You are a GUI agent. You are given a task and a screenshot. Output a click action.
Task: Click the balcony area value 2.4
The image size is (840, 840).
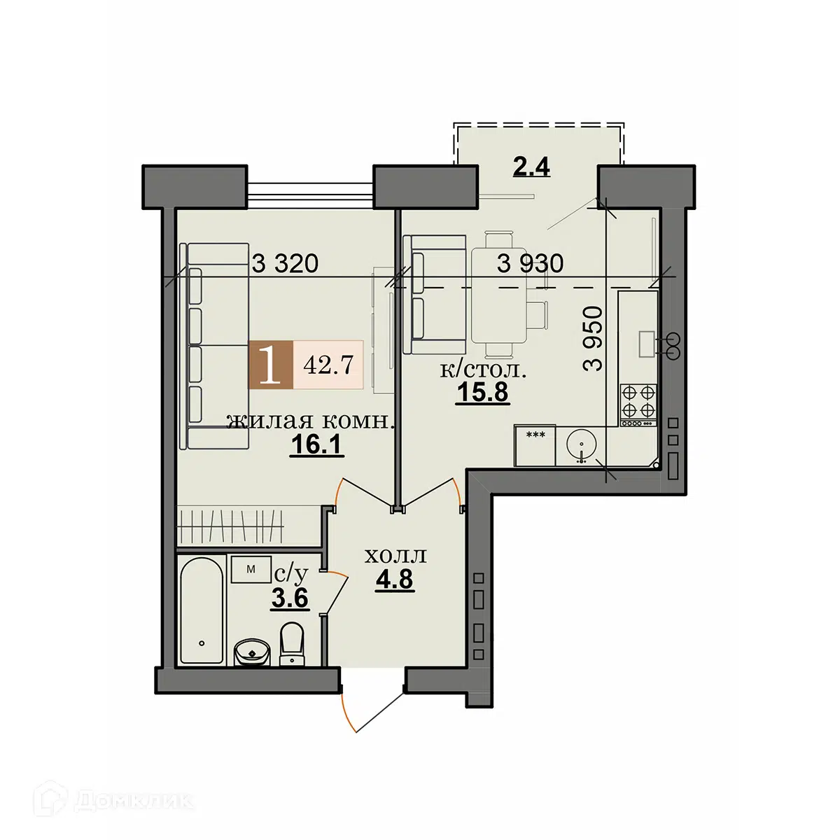(531, 166)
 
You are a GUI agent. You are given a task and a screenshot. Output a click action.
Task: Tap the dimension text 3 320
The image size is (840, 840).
(285, 264)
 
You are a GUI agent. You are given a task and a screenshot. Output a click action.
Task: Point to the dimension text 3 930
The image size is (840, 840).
(530, 263)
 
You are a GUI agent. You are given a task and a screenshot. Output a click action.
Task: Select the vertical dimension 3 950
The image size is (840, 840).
(592, 338)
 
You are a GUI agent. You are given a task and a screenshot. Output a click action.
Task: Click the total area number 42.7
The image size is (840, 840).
(328, 365)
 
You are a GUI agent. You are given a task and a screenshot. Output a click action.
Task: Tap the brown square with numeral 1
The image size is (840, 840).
(270, 365)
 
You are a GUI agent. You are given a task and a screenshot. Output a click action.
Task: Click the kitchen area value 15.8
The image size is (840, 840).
(482, 392)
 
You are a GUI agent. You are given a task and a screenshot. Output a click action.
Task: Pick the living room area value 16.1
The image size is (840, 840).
(317, 444)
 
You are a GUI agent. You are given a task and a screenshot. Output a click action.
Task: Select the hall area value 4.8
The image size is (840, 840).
(395, 580)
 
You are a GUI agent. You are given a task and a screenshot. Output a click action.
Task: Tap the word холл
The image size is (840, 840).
(395, 556)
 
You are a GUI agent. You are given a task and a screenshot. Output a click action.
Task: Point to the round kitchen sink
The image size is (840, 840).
(581, 445)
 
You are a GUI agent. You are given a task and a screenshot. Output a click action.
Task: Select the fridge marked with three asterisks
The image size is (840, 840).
(535, 445)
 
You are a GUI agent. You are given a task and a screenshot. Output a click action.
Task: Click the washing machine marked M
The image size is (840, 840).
(251, 569)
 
